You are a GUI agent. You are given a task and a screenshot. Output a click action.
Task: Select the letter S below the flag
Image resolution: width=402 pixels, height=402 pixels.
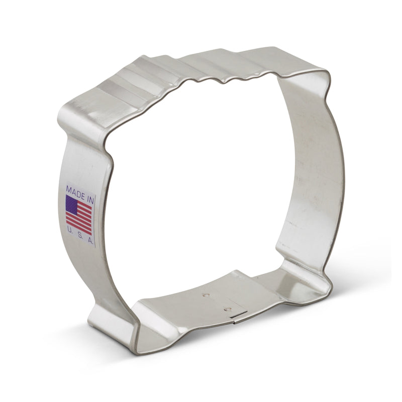pyautogui.click(x=80, y=236)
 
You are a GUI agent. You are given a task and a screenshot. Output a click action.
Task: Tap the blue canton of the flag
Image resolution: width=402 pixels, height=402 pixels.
pyautogui.click(x=72, y=204)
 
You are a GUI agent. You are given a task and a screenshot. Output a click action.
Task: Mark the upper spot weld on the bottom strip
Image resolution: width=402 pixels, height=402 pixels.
pyautogui.click(x=206, y=295)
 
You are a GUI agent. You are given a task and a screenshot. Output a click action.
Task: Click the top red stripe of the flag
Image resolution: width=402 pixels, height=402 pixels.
pyautogui.click(x=85, y=202)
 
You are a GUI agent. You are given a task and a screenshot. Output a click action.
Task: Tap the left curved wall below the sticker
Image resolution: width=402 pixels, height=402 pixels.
pyautogui.click(x=108, y=276)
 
